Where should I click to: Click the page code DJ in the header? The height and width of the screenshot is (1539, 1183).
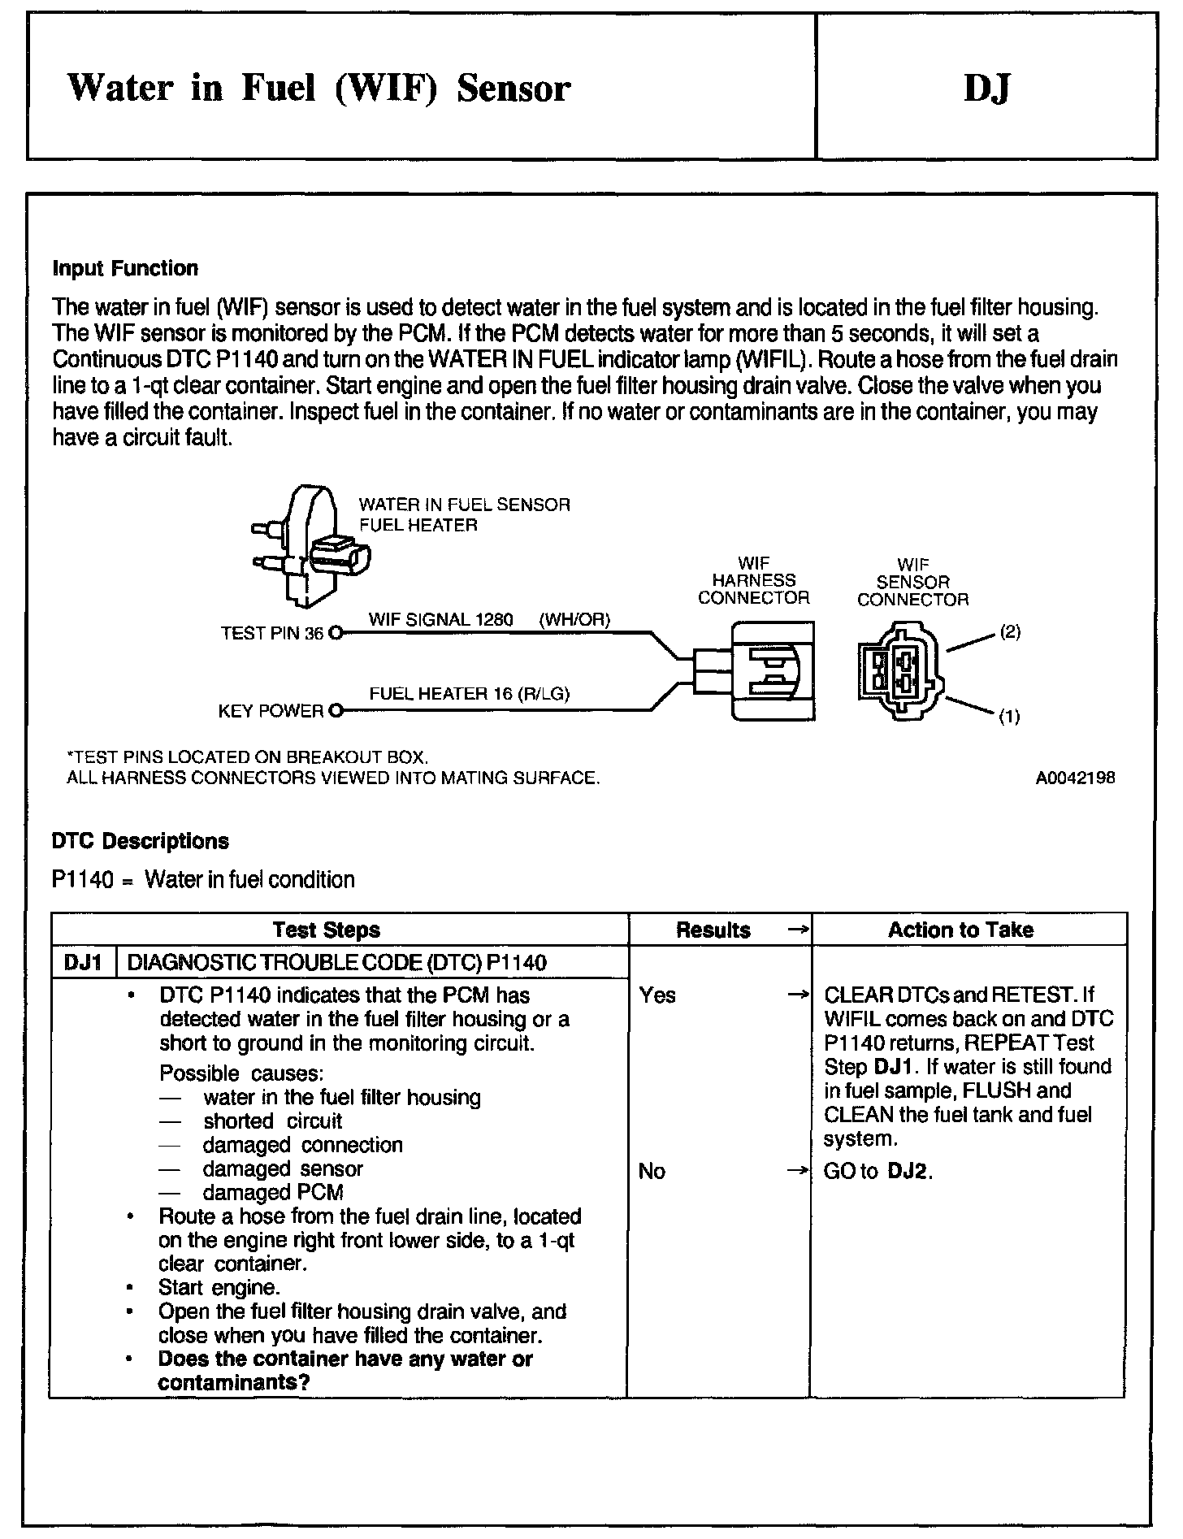(x=986, y=88)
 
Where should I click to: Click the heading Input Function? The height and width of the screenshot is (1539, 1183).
(x=125, y=269)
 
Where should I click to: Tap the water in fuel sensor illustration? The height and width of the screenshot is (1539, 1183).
(x=310, y=546)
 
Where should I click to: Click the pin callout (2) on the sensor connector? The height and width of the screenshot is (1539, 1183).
(x=1010, y=631)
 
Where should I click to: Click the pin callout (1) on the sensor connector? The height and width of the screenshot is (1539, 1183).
(x=1009, y=717)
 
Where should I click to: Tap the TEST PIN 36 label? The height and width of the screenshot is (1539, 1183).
(x=272, y=634)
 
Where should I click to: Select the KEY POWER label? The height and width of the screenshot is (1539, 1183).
(x=271, y=712)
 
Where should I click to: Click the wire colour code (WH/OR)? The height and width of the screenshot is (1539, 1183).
(x=574, y=620)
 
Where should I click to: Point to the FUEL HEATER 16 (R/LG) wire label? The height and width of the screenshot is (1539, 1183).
(x=470, y=694)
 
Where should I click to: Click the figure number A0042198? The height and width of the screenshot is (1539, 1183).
(x=1075, y=778)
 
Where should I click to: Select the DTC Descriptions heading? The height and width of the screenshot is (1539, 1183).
(x=140, y=841)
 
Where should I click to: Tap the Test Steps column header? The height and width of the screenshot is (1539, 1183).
(x=326, y=930)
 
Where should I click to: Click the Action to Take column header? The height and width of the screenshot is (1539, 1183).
(x=960, y=930)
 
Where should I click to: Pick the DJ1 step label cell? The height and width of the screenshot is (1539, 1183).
(x=83, y=963)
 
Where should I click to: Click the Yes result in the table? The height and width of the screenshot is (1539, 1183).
(x=657, y=995)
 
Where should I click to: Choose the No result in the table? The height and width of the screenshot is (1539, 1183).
(x=652, y=1171)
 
